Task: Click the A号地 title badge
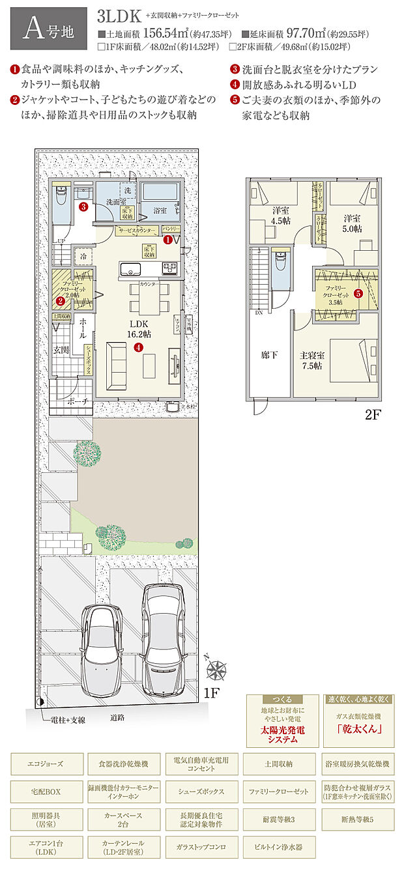(48, 28)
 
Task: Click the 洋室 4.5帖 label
(281, 216)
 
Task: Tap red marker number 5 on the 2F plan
(358, 293)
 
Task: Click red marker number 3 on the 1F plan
(83, 207)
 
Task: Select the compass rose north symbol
(216, 669)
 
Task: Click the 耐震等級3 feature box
(278, 818)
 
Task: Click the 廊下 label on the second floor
(269, 355)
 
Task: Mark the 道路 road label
(117, 718)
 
